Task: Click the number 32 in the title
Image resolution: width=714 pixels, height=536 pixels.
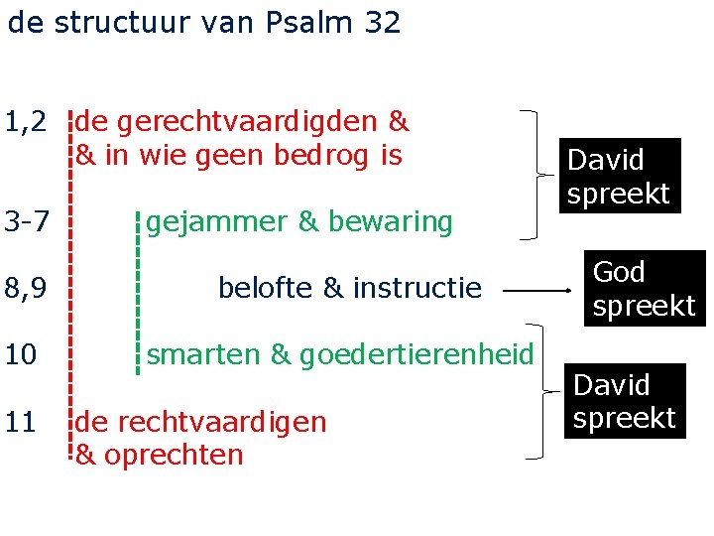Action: click(x=382, y=22)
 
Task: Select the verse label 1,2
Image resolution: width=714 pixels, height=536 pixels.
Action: click(x=26, y=122)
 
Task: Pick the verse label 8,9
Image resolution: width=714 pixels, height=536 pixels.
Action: click(x=26, y=289)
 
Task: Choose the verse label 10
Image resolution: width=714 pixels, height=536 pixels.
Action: click(x=21, y=354)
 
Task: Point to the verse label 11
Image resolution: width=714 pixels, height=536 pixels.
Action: click(x=21, y=422)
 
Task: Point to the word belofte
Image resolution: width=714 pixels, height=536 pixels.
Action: click(x=265, y=289)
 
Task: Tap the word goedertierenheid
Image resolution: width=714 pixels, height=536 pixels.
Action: click(x=416, y=354)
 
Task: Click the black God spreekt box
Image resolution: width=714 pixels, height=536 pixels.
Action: click(x=644, y=289)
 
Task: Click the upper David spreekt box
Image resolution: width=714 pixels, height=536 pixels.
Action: click(x=619, y=176)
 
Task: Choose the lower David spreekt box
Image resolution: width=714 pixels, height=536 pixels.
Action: click(x=624, y=401)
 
